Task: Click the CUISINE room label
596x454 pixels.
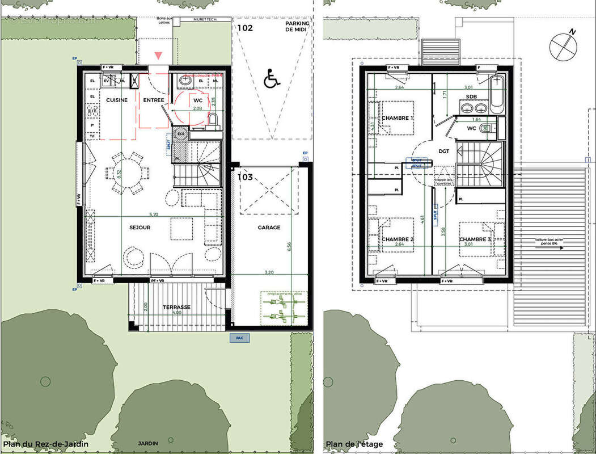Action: [116, 100]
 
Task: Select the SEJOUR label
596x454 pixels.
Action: [140, 228]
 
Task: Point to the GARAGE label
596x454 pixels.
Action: [269, 228]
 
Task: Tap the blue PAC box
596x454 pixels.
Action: [239, 338]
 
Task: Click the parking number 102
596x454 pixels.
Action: [245, 27]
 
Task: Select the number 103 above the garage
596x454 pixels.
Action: [246, 177]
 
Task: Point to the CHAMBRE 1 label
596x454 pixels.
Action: [397, 118]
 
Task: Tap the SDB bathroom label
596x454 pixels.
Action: [471, 97]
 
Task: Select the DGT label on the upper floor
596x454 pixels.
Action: [443, 151]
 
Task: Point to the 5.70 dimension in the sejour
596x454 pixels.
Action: [153, 215]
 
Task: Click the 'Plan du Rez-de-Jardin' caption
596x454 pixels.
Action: [45, 444]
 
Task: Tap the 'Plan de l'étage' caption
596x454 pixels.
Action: [354, 444]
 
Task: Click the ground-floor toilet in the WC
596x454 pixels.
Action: [213, 120]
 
